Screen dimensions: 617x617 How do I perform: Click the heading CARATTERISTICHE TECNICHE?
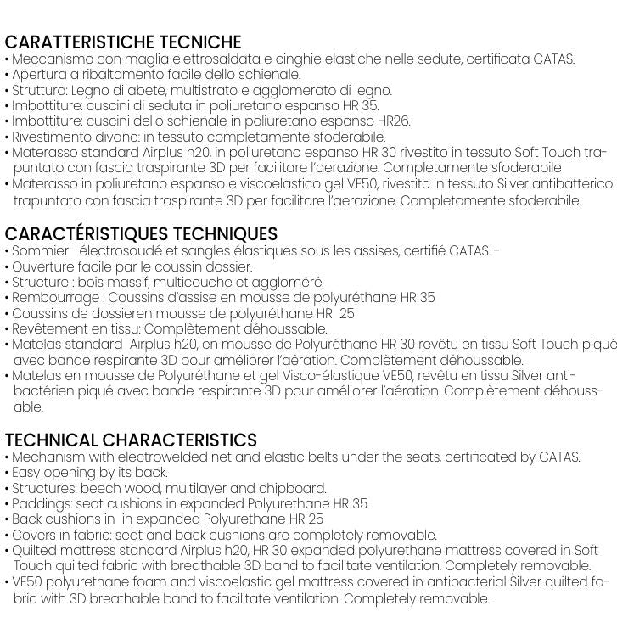123,42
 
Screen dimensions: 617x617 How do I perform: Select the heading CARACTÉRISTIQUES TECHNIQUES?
141,234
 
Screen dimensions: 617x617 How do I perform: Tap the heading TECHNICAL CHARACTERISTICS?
131,440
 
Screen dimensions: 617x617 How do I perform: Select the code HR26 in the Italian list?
394,121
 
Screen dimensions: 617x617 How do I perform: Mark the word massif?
140,283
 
